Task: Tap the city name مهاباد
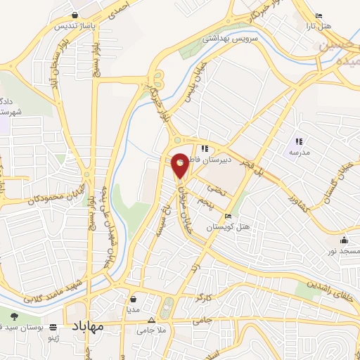[87, 328]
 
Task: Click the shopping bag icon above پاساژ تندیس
[75, 15]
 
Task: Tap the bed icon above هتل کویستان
[227, 216]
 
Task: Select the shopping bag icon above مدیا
[133, 299]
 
